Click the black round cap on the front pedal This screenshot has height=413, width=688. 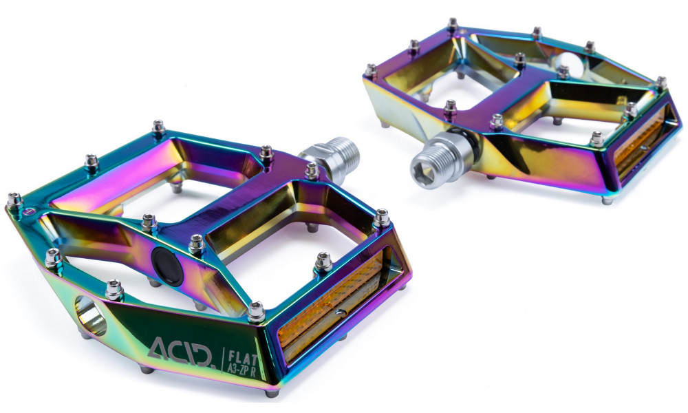coord(167,266)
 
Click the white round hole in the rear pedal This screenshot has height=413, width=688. coord(569,65)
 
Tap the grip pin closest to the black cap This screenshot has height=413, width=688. coord(196,242)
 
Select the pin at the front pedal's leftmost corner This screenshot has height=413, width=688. coord(14,200)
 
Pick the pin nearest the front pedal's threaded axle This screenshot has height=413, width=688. coord(312,170)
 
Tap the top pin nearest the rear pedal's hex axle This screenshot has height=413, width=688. coord(450,108)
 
